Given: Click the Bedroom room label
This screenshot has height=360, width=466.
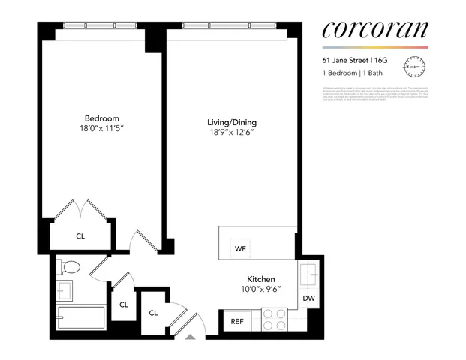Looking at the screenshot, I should pos(101,118).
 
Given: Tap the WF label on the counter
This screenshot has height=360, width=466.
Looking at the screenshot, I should pos(241,248).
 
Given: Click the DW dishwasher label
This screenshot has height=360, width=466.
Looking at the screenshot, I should pos(308,298).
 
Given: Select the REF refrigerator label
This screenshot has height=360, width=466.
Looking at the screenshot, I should pos(237,322).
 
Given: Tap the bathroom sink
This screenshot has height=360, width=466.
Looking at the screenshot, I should pos(63,289).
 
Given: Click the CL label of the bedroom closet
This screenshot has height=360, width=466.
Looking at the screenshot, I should pos(80,236).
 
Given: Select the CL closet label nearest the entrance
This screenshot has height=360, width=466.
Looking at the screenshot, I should pos(153,313).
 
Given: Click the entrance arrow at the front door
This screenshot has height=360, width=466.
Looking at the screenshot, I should pos(190,337).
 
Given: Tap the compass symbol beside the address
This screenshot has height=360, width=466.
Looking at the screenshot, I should pos(413,67).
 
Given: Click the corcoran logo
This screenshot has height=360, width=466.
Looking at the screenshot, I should pos(374,30).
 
